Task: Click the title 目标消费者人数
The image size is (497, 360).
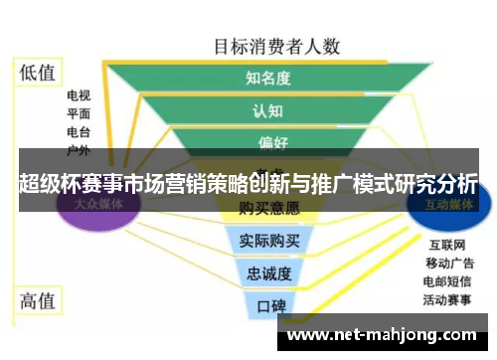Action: click(277, 45)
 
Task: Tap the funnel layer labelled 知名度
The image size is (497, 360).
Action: click(267, 77)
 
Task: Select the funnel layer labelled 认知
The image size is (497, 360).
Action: click(267, 110)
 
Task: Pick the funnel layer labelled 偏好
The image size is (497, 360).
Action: click(268, 140)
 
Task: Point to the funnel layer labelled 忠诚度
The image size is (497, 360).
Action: click(268, 272)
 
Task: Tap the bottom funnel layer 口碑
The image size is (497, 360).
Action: click(269, 304)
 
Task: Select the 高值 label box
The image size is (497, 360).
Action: click(39, 298)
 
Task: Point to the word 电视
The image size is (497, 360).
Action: click(79, 96)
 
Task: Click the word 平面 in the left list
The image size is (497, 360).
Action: click(79, 113)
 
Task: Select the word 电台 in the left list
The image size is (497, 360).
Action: click(79, 131)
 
